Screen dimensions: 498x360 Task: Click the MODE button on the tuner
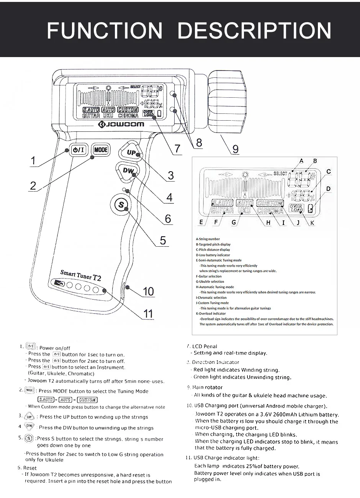(x=101, y=150)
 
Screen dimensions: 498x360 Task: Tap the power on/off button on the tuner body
(x=79, y=150)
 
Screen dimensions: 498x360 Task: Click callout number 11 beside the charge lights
(x=148, y=314)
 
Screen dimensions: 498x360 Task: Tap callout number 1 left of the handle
(x=33, y=161)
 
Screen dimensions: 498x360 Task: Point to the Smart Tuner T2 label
(x=80, y=275)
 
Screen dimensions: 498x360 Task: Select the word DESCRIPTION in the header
(x=254, y=31)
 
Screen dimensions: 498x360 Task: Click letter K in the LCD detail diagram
(x=313, y=223)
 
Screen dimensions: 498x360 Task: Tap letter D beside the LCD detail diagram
(x=329, y=189)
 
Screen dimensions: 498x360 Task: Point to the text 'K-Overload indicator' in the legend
(x=211, y=313)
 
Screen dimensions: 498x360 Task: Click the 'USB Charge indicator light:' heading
(x=223, y=458)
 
